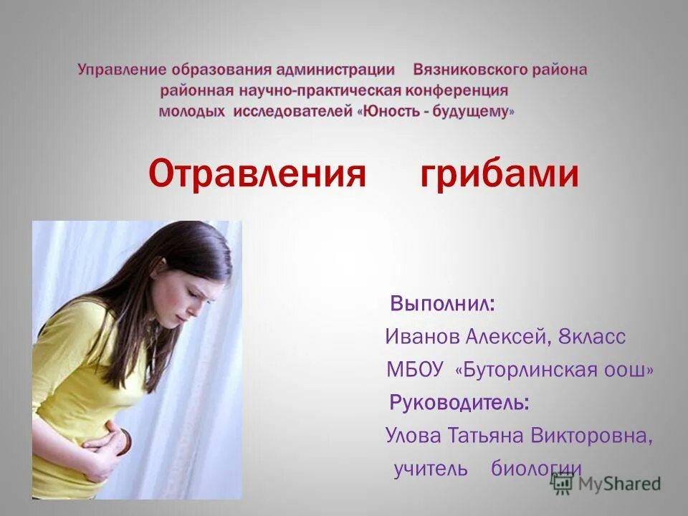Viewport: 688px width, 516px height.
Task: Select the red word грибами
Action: [499, 174]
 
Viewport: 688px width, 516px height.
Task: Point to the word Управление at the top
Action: [118, 70]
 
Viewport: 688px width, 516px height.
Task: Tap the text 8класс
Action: [593, 336]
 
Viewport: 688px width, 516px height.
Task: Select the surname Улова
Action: [413, 436]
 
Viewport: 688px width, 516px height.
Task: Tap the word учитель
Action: [431, 469]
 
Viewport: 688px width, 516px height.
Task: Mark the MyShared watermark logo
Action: [606, 482]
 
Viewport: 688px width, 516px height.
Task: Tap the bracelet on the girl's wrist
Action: [125, 439]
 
